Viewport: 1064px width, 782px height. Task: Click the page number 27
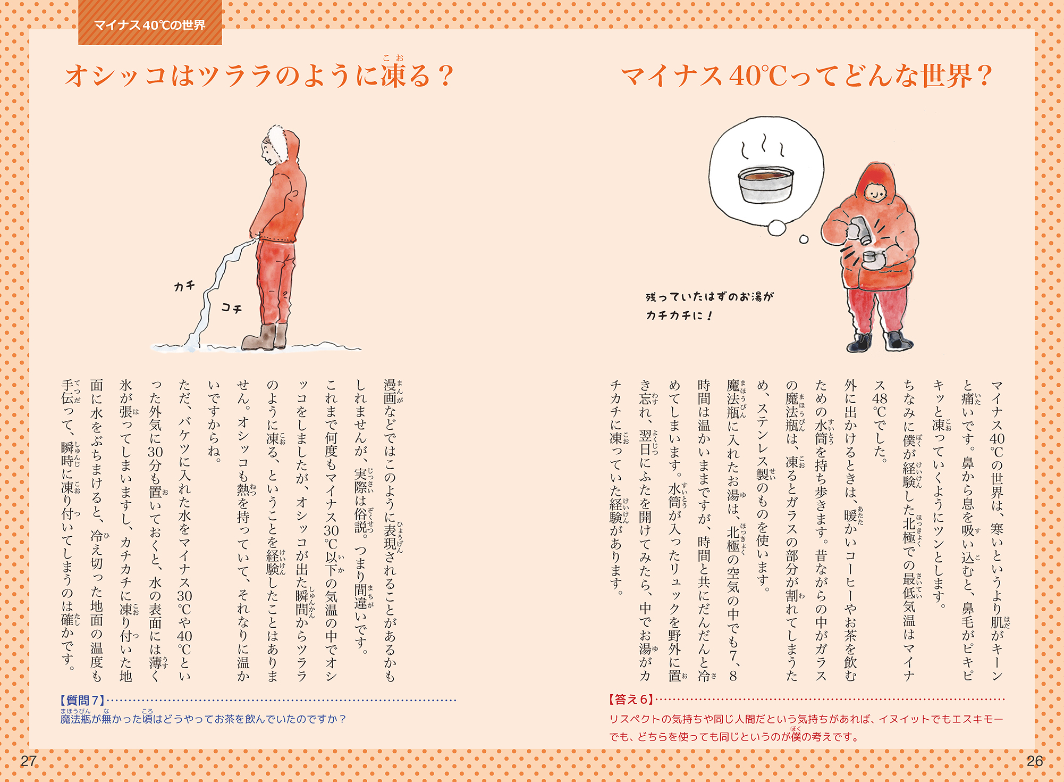28,761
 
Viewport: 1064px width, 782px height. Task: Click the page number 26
1034,761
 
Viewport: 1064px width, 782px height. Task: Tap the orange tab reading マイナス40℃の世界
150,24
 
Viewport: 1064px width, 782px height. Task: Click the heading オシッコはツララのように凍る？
259,74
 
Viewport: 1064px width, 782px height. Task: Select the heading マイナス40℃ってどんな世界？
806,75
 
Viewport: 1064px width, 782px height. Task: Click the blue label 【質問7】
83,700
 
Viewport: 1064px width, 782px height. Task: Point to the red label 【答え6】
631,699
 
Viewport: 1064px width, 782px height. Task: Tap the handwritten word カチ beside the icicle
184,286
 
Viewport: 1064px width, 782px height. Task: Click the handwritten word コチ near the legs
231,307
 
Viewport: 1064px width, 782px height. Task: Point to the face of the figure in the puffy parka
875,193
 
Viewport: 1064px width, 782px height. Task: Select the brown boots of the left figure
265,337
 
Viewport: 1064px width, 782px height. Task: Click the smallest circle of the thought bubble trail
804,239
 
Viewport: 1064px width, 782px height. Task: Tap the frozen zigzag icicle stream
216,290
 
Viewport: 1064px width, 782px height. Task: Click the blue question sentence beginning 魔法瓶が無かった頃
203,719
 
